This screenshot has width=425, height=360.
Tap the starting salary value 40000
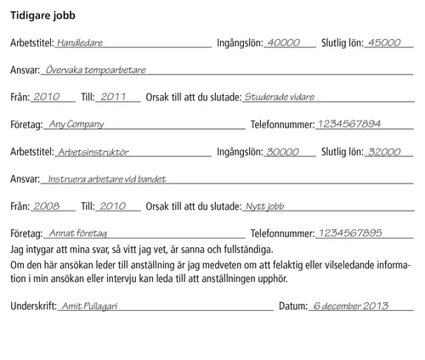point(283,42)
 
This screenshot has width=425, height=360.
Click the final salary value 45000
point(382,42)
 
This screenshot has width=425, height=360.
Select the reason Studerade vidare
point(278,97)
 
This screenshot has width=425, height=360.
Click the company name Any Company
point(76,124)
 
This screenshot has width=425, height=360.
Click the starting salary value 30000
point(283,152)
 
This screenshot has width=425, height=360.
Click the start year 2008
point(46,206)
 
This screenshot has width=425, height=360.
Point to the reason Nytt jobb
point(264,206)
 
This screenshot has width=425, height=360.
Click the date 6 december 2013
point(349,306)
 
